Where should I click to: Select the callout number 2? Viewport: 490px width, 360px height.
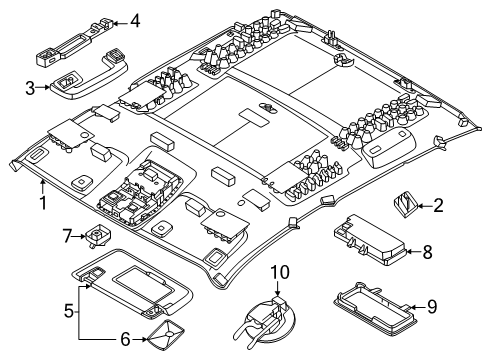tap(437, 205)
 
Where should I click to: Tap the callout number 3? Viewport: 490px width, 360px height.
tap(31, 88)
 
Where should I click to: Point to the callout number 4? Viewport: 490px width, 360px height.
tap(135, 19)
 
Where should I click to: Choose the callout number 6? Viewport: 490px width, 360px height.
tap(125, 341)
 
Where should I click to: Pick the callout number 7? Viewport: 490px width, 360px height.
tap(67, 236)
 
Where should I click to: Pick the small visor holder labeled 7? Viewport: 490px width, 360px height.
tap(97, 237)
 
